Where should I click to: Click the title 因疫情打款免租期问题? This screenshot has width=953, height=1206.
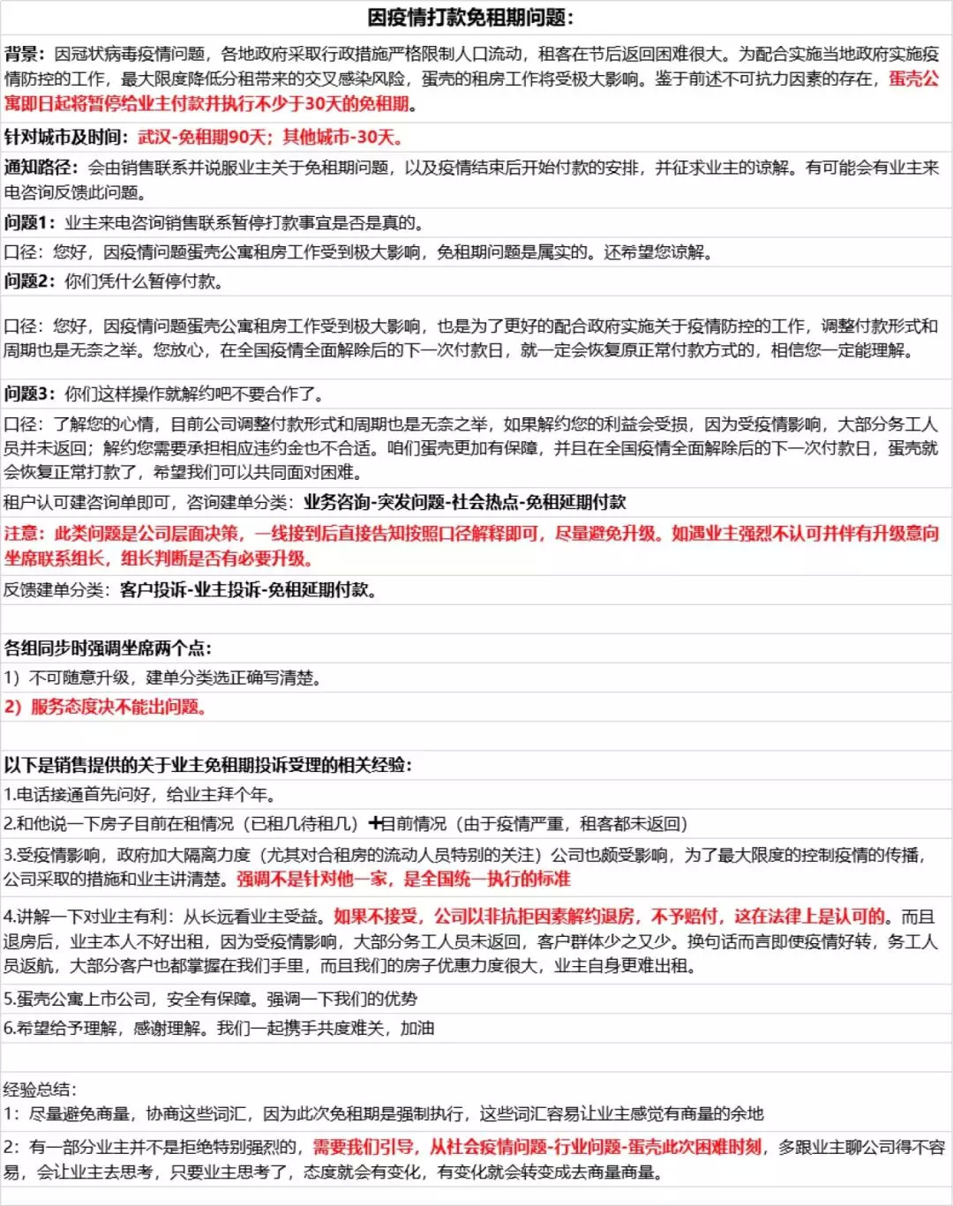[x=470, y=18]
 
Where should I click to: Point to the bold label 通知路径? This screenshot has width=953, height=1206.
[x=40, y=168]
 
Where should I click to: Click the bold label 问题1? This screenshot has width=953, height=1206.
[x=29, y=222]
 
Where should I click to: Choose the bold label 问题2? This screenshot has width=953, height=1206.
[x=29, y=281]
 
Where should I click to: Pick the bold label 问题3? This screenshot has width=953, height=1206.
[x=29, y=393]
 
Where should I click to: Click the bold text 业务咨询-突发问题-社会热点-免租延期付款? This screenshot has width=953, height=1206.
[x=465, y=502]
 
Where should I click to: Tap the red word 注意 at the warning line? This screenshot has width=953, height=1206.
[x=23, y=533]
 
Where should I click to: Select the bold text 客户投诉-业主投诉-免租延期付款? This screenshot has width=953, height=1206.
[x=248, y=589]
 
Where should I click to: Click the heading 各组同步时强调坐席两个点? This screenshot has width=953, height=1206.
[x=108, y=648]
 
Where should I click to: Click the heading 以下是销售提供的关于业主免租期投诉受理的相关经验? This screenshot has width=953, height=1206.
[x=208, y=764]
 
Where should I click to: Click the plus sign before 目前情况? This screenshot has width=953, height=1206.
[x=375, y=823]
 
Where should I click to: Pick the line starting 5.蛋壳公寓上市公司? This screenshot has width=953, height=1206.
[x=210, y=999]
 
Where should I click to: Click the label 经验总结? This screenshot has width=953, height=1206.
[x=39, y=1089]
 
